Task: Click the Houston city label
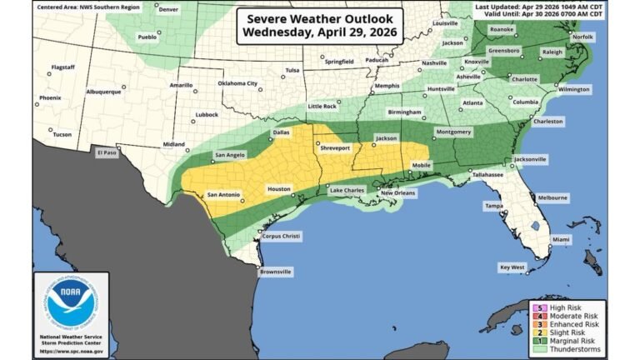click(x=279, y=189)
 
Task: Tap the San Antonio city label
click(x=222, y=194)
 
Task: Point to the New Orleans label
click(x=398, y=193)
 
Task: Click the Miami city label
click(x=561, y=239)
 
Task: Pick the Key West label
click(x=512, y=267)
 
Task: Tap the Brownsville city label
click(x=276, y=271)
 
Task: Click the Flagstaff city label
click(x=63, y=66)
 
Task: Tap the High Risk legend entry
click(x=570, y=307)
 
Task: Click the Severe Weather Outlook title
click(x=319, y=24)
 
